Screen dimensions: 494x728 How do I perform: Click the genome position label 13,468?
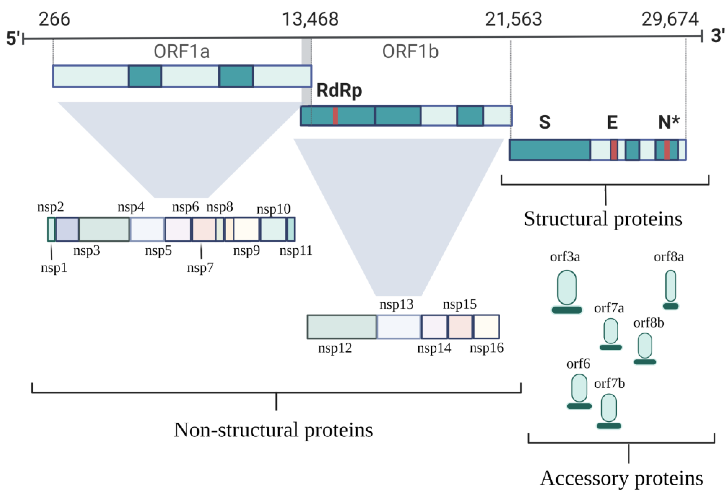point(310,19)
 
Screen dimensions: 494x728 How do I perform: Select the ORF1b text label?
point(410,52)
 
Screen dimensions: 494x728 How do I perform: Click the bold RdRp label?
point(339,90)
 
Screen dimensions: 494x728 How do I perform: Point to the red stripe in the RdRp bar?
point(335,116)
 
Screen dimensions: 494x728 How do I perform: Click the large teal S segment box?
point(550,150)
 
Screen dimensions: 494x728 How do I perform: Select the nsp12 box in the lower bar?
point(341,327)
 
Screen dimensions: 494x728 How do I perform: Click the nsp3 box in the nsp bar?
point(104,229)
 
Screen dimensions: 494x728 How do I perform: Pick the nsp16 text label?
point(486,348)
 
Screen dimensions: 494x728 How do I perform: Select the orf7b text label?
point(609,383)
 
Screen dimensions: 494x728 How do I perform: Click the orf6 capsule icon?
point(579,388)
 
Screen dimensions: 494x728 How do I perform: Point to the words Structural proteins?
point(603,219)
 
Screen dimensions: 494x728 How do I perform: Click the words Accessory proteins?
point(621,478)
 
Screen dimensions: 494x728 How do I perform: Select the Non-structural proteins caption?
point(273,430)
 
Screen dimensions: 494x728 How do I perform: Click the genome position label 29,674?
point(670,19)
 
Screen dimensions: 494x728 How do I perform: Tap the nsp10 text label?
point(273,209)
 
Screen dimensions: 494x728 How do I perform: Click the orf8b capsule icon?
point(645,346)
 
